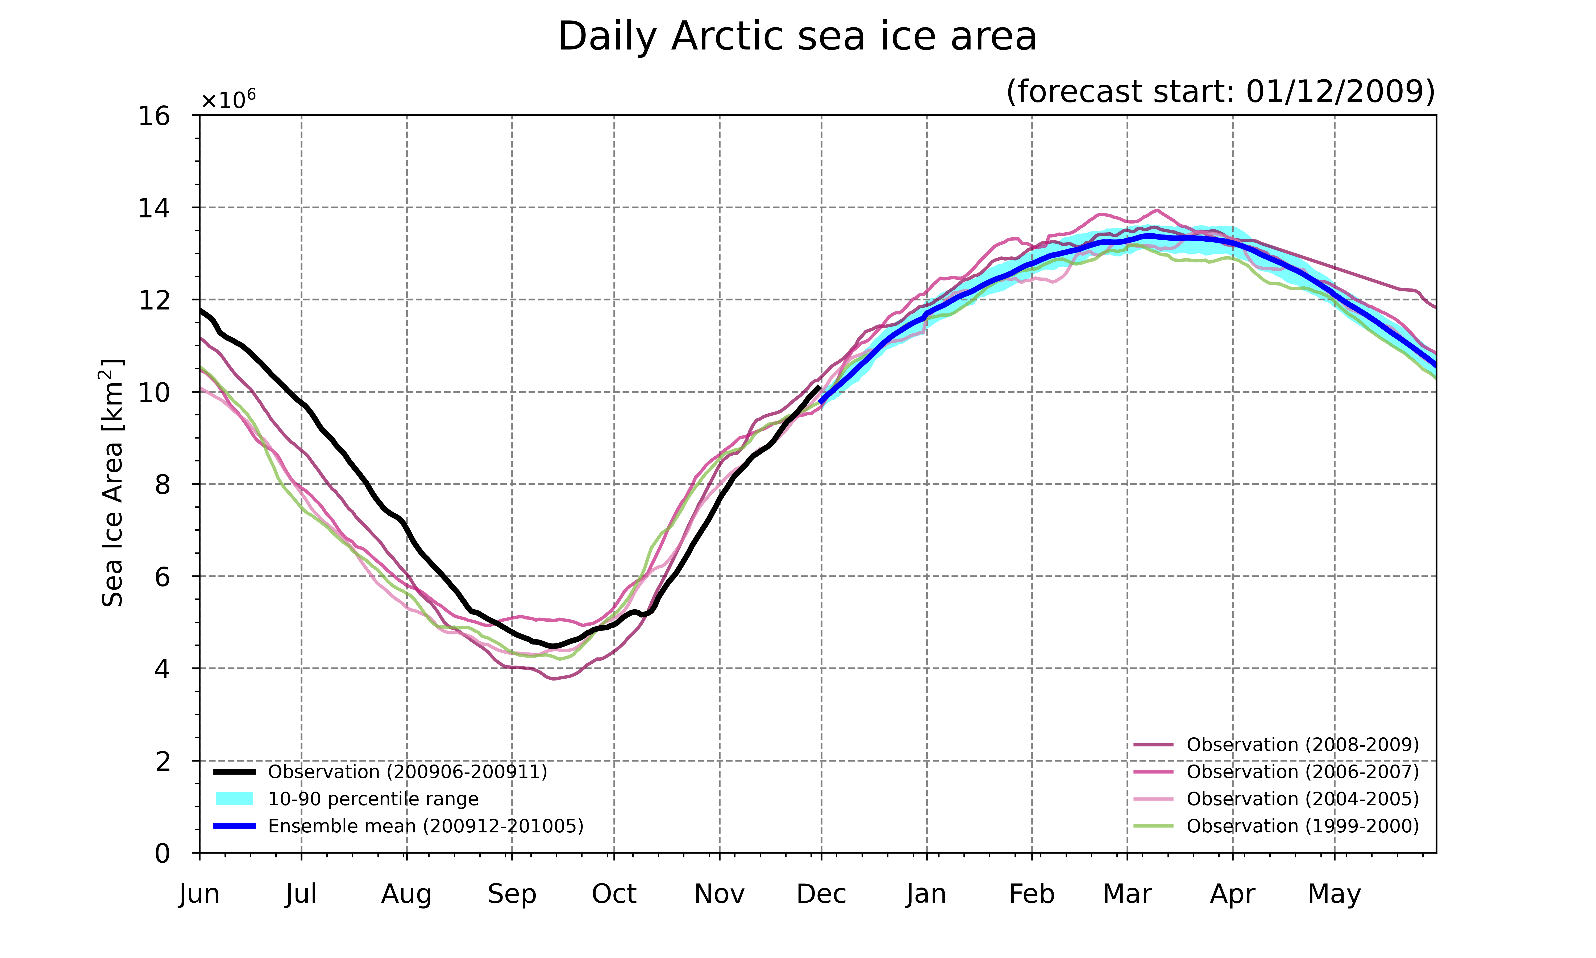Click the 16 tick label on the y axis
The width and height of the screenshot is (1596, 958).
click(x=154, y=116)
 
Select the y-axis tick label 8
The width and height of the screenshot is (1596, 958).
click(x=163, y=484)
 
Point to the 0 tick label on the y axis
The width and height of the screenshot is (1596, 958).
click(x=163, y=853)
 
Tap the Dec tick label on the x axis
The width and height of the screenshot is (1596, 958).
click(x=821, y=894)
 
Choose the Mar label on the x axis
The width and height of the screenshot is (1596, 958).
click(x=1128, y=894)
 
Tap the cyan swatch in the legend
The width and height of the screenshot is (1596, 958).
click(x=234, y=799)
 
